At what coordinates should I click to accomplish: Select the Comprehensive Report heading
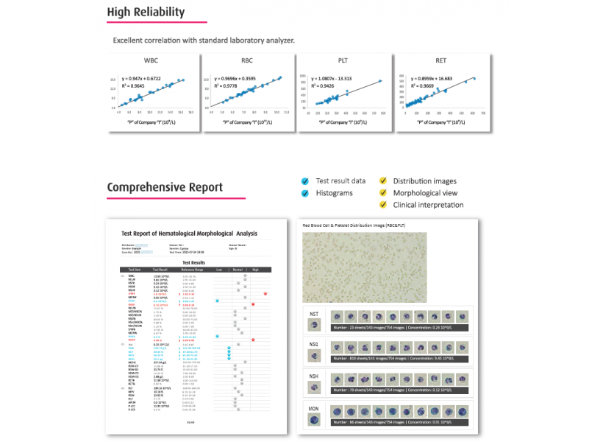point(165,187)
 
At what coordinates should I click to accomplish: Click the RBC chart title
point(248,62)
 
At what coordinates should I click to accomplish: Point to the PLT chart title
point(343,62)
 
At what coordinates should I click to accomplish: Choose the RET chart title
point(440,62)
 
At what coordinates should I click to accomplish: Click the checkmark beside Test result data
point(305,181)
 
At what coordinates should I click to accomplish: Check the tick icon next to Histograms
point(305,193)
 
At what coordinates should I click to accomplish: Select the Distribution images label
point(424,181)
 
